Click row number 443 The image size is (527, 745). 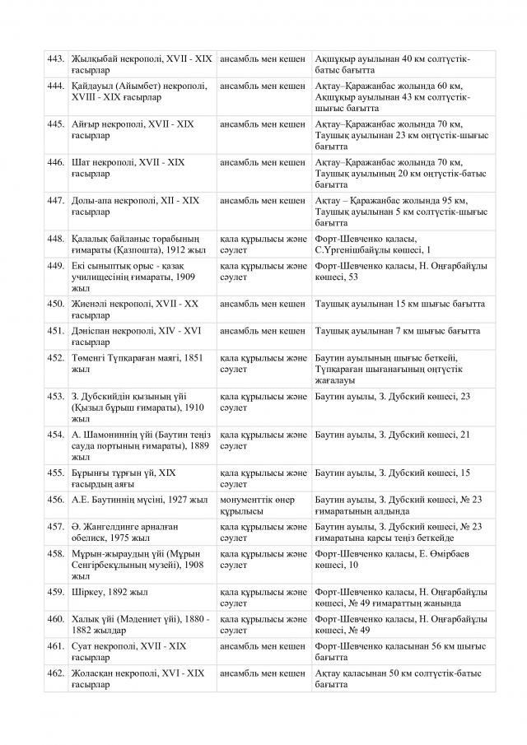[x=56, y=59]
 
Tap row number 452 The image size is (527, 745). [x=56, y=358]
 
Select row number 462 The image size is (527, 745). [x=56, y=673]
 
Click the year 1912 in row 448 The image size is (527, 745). [x=173, y=249]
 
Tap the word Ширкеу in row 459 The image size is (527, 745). [x=90, y=592]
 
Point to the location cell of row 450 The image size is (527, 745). [x=399, y=304]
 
